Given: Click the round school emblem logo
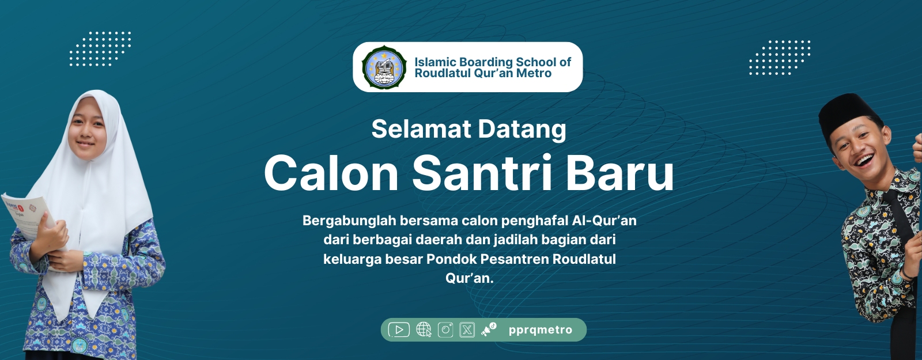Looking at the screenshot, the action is click(x=384, y=67).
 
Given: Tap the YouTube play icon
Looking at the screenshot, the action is click(x=399, y=329).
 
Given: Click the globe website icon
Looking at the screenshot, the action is click(x=424, y=329).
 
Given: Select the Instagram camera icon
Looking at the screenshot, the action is click(x=445, y=329).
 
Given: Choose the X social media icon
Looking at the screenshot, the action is click(x=467, y=329).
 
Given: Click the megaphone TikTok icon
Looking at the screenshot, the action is click(x=489, y=329).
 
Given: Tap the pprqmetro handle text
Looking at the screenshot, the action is click(x=541, y=330).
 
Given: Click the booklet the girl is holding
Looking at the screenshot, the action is click(x=29, y=218).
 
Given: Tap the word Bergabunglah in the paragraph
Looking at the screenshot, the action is click(x=349, y=221).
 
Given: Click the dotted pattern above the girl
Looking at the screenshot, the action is click(x=100, y=48).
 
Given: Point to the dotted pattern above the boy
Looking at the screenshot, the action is click(x=780, y=58).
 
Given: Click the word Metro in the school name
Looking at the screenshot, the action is click(x=534, y=73).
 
